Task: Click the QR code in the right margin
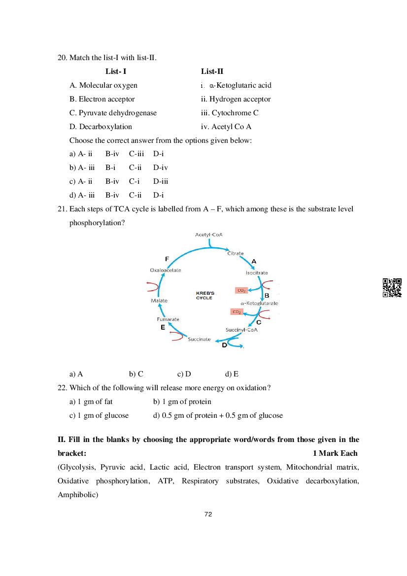point(392,288)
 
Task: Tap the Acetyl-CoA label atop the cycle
point(209,235)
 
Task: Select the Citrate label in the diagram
point(235,253)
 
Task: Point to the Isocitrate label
point(257,272)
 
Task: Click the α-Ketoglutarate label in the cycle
point(259,303)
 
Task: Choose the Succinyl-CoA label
point(241,330)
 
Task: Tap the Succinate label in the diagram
point(199,339)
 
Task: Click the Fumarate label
point(168,319)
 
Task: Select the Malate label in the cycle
point(159,301)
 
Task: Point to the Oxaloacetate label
point(166,270)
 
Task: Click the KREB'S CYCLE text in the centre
point(204,296)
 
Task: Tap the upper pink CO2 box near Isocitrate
point(241,290)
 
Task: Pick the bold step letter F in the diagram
point(167,259)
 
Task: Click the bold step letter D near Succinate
point(224,345)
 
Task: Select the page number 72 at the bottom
point(208,514)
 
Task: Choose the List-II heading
point(212,71)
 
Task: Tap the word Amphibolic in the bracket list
point(78,494)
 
